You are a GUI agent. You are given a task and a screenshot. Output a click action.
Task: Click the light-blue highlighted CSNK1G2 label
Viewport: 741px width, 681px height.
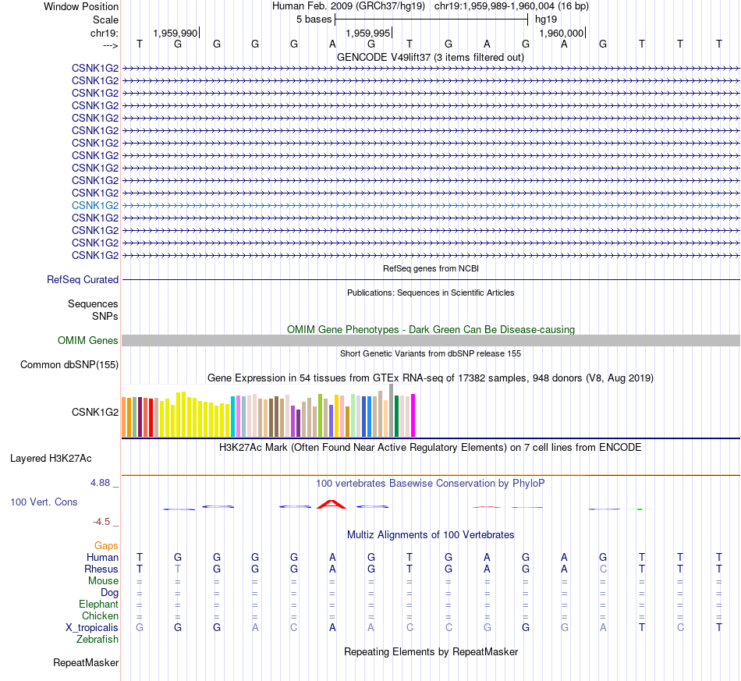click(x=95, y=205)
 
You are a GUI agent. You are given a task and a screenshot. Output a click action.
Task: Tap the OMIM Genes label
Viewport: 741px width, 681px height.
click(x=88, y=340)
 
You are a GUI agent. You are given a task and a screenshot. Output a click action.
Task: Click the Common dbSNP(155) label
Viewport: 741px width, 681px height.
click(x=69, y=364)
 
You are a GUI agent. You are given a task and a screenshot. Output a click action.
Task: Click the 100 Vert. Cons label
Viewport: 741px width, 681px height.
click(x=44, y=502)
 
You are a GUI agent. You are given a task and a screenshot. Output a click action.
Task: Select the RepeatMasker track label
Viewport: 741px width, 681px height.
click(x=86, y=663)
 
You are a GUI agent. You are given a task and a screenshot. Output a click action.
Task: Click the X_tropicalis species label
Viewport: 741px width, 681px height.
click(x=92, y=627)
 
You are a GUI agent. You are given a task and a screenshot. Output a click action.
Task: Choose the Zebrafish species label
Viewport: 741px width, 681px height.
click(x=97, y=639)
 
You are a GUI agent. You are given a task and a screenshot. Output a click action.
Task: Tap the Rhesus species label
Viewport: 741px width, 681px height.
click(x=101, y=569)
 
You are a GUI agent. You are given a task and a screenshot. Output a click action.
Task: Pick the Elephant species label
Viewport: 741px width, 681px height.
click(x=98, y=604)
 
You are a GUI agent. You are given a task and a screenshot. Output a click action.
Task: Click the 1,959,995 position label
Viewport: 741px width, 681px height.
click(x=367, y=33)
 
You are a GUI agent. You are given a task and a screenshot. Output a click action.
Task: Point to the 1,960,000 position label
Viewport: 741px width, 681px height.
click(x=561, y=33)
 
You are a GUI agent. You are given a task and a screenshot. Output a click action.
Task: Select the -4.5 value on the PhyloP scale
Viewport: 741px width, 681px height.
click(x=105, y=521)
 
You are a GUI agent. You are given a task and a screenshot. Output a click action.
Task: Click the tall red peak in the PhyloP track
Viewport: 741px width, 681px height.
click(x=332, y=503)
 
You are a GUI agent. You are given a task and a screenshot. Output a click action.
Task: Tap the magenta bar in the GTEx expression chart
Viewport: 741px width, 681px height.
click(x=413, y=416)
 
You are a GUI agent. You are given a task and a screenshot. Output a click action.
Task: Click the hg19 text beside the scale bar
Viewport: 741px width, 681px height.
click(x=546, y=19)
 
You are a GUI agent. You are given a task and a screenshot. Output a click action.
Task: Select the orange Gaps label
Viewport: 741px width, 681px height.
click(x=106, y=545)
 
